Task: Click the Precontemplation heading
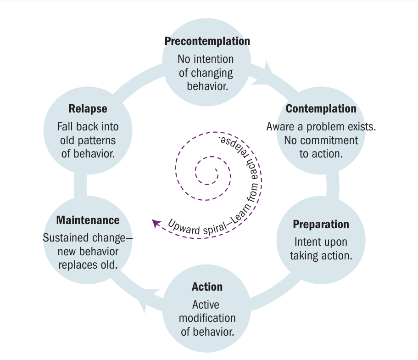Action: coord(207,41)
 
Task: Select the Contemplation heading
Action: coord(321,109)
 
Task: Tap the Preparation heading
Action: coord(321,225)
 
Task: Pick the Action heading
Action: coord(207,287)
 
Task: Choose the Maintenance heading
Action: coord(88,220)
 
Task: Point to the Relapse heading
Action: coord(88,109)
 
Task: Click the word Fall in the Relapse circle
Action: coord(66,127)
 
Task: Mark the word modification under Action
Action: coord(207,318)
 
